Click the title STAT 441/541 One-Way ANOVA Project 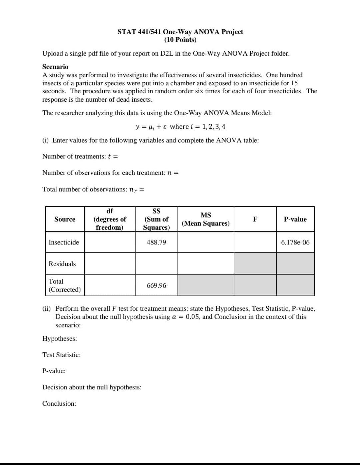pos(180,32)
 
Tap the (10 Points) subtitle pos(180,40)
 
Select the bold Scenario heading pos(55,67)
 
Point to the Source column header pos(65,219)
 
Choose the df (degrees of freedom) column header pos(110,219)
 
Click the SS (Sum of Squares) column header pos(156,219)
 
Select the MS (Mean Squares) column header pos(206,219)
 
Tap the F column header pos(255,219)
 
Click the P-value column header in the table pos(295,219)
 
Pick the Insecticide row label pos(64,242)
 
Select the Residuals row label pos(62,264)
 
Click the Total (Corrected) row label pos(64,285)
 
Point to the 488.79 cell pos(156,242)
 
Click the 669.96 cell pos(156,285)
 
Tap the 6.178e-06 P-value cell pos(295,242)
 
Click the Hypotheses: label pos(59,339)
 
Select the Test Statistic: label pos(61,355)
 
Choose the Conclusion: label pos(59,404)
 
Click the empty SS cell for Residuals pos(156,264)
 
